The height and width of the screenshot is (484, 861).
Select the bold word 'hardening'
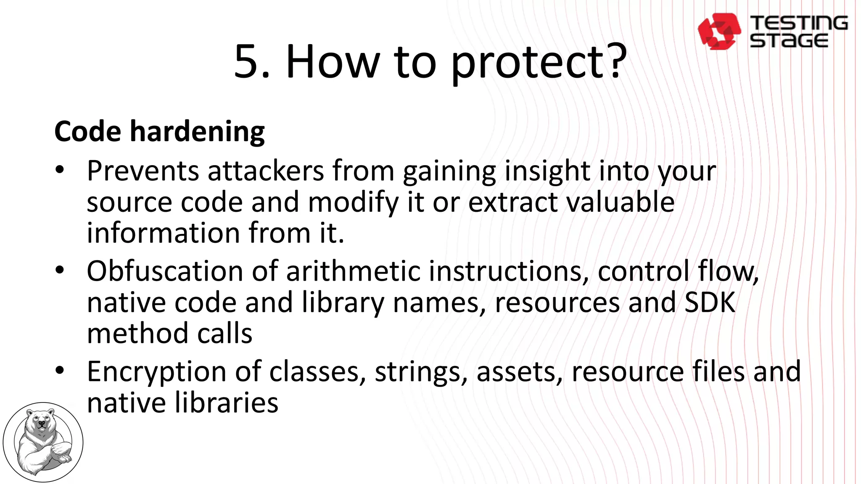pos(197,132)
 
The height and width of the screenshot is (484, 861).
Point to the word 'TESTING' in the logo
pos(799,23)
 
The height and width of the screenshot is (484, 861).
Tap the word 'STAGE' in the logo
pos(789,41)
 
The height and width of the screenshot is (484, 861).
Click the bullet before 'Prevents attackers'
pos(60,171)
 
